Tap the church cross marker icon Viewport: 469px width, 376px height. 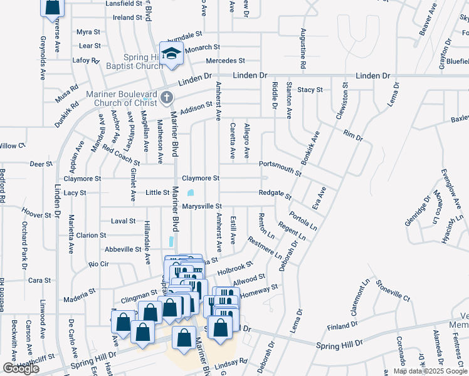coord(166,97)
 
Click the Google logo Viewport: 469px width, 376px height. coord(21,368)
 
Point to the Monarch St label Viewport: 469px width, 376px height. coord(203,47)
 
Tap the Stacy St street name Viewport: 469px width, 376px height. coord(310,90)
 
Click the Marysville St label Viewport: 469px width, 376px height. coord(202,206)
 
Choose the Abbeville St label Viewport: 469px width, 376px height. coord(122,249)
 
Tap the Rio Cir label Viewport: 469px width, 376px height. coord(99,264)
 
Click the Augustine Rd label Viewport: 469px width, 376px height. coord(303,48)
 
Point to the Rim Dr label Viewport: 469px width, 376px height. coord(353,135)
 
